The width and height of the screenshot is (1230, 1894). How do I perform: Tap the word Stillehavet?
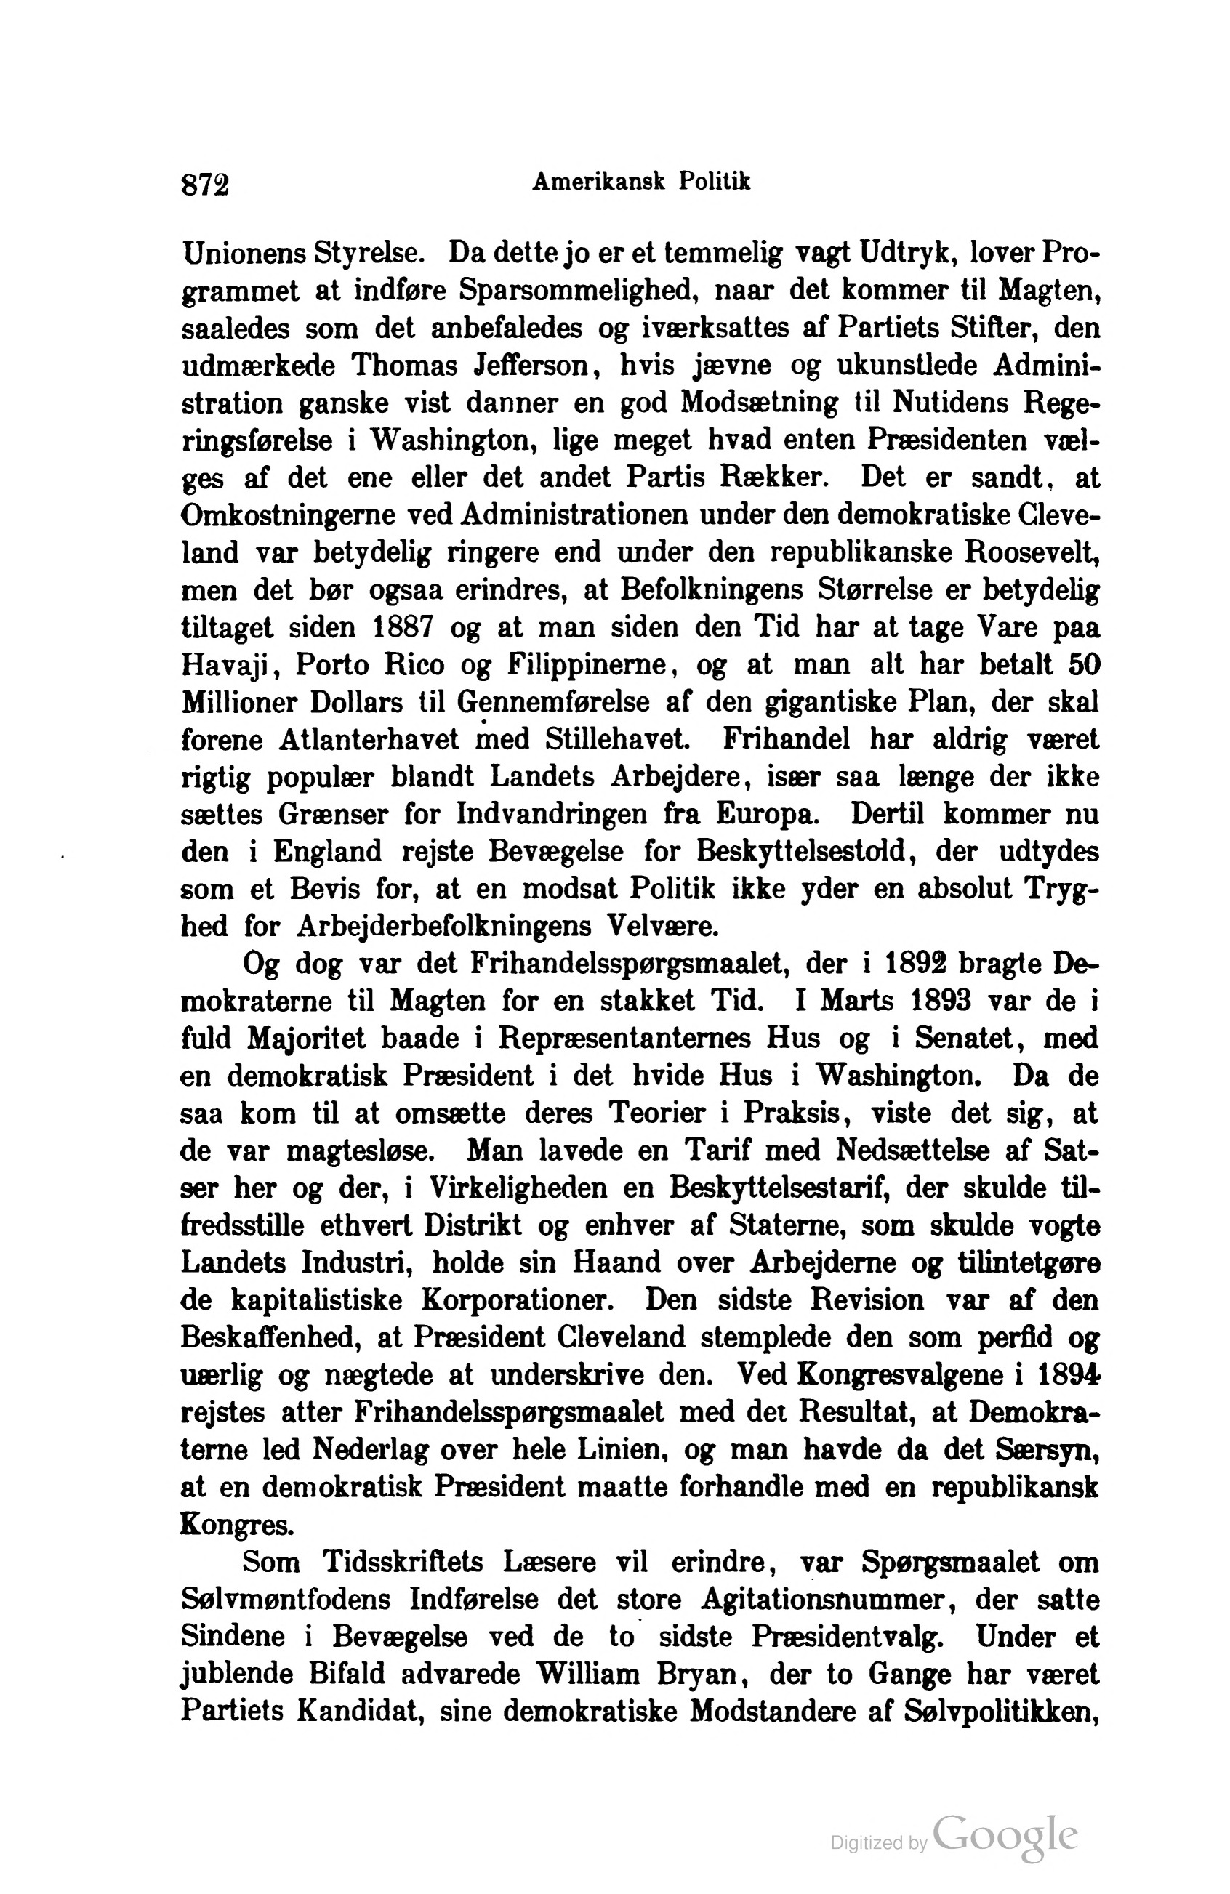618,739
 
